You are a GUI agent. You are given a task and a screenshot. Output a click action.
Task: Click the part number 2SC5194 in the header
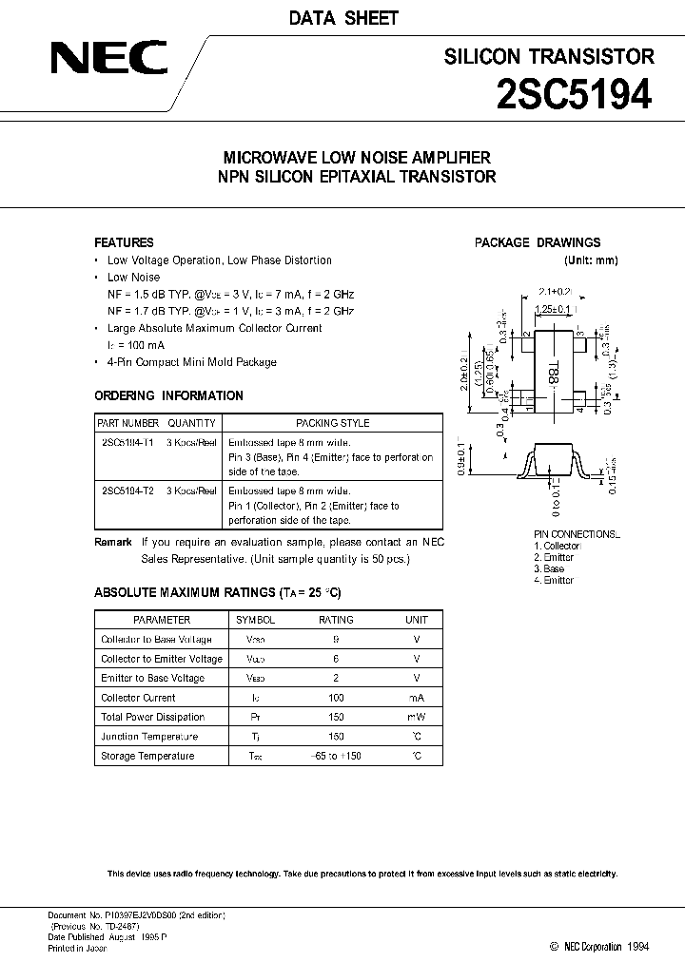[575, 96]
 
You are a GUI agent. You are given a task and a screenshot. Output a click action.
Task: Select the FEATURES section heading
[124, 242]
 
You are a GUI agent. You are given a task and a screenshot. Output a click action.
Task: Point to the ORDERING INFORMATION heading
[168, 395]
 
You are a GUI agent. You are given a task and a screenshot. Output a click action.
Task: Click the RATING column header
[335, 620]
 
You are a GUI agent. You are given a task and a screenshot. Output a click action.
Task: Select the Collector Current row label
[138, 698]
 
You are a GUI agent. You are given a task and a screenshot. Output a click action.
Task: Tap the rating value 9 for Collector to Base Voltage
[335, 640]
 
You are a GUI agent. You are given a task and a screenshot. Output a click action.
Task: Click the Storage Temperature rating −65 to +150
[335, 756]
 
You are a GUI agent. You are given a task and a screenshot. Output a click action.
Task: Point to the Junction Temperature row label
[149, 737]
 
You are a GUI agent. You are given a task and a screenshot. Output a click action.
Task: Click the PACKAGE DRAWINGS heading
[538, 242]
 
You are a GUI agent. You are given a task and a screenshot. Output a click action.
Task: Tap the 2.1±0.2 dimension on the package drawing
[556, 292]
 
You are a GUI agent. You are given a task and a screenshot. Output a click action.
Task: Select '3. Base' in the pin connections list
[551, 568]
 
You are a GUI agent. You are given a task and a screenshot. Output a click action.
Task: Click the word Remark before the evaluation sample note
[112, 542]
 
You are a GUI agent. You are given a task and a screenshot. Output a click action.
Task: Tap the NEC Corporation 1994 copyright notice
[599, 946]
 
